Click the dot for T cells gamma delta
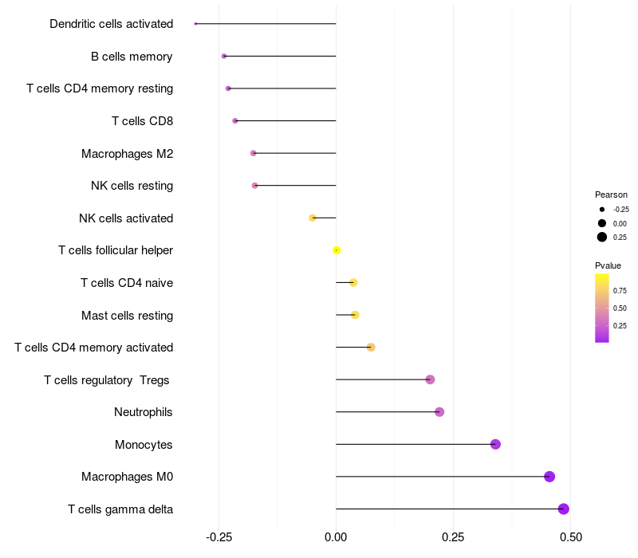(x=564, y=509)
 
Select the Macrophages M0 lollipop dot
(x=549, y=477)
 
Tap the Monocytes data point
(x=495, y=444)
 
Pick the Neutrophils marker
(x=439, y=412)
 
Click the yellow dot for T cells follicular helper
(x=337, y=250)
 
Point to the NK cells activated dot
(x=313, y=218)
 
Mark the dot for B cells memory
(x=224, y=56)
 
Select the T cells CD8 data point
(x=235, y=121)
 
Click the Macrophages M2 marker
(x=254, y=153)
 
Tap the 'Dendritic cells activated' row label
(x=112, y=24)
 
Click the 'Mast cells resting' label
(x=128, y=316)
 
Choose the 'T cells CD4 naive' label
(x=127, y=283)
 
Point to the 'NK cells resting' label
(x=132, y=186)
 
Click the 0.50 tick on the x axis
(x=570, y=537)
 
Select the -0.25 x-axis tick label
(x=219, y=537)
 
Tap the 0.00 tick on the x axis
(x=337, y=537)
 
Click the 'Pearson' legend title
(x=611, y=195)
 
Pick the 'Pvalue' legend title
(x=608, y=265)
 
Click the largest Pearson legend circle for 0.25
(x=602, y=237)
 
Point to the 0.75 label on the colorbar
(x=620, y=291)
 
